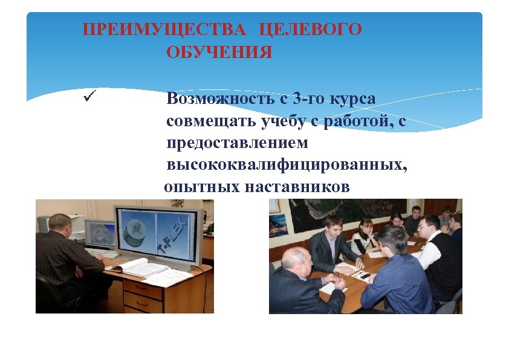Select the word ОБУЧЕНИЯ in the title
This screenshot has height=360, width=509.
pos(219,53)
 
